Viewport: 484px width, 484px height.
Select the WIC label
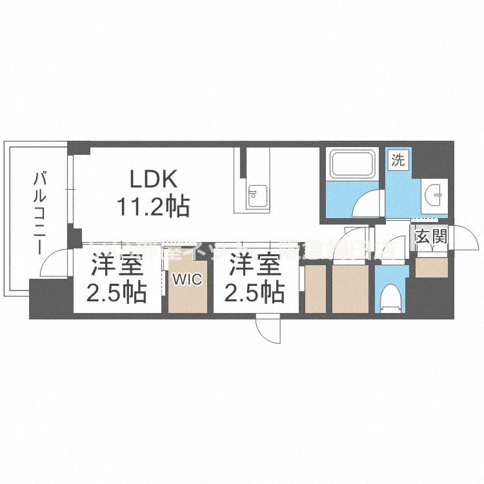(188, 280)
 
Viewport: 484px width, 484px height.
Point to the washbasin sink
(435, 191)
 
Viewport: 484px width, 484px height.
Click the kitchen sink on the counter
(257, 193)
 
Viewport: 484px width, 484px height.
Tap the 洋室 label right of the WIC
(255, 266)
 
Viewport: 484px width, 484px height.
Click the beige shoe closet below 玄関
(432, 268)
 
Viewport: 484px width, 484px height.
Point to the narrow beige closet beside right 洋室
(315, 288)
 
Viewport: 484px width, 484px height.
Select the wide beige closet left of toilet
(350, 288)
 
